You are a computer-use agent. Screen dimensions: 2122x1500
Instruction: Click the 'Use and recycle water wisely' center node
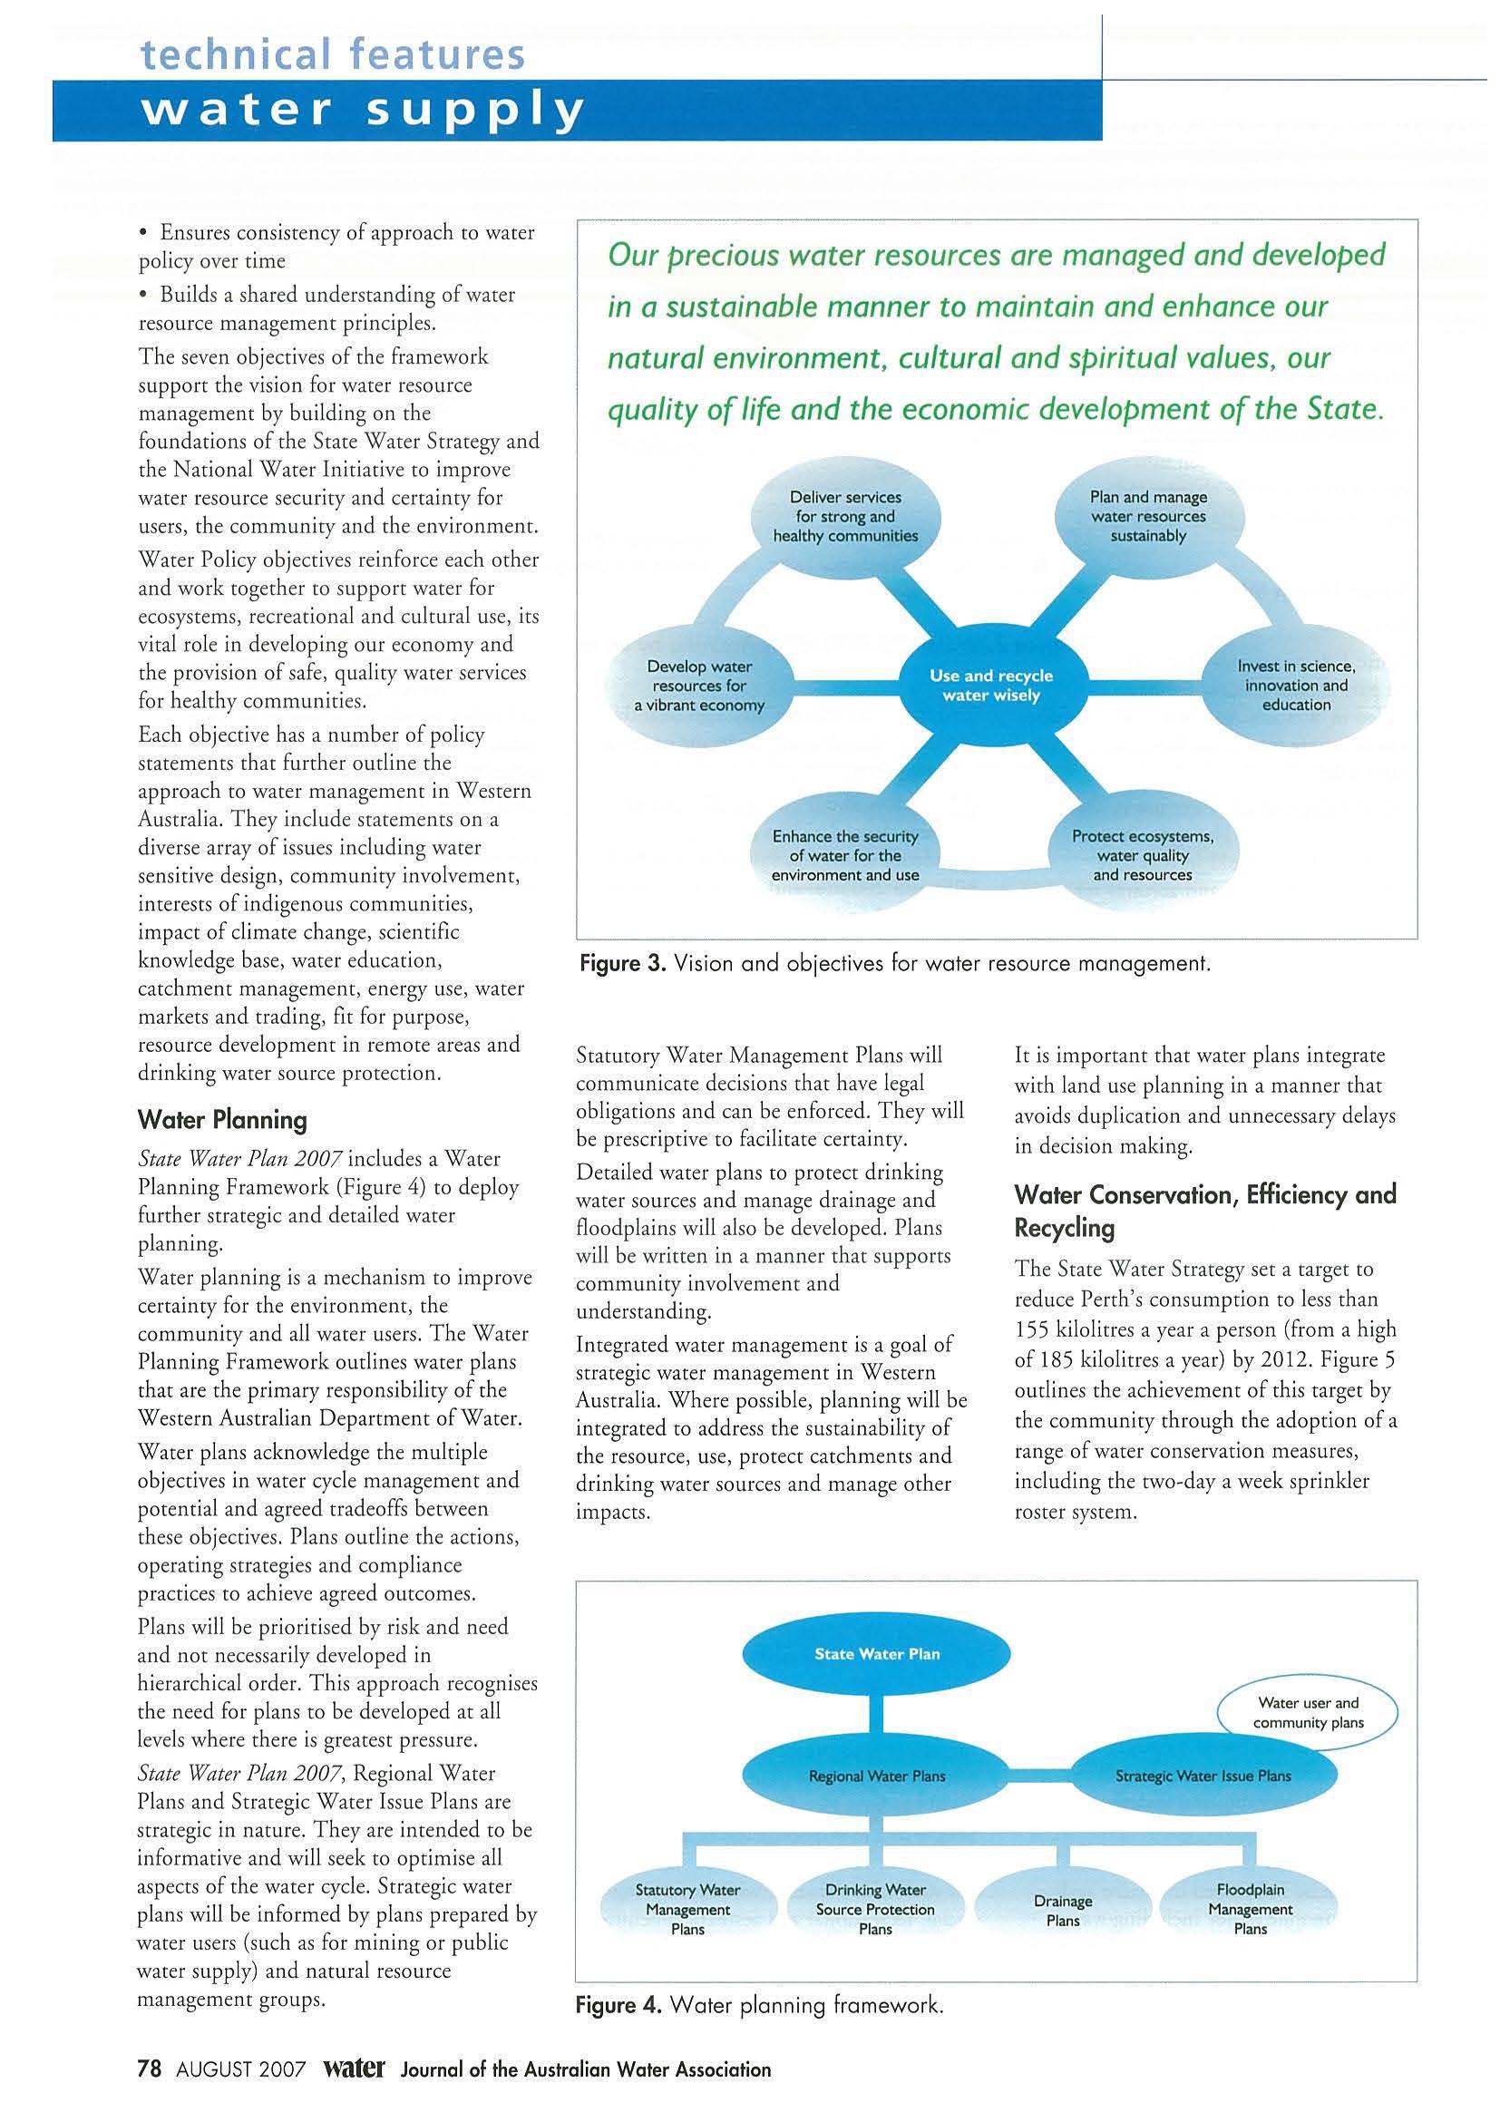click(x=990, y=685)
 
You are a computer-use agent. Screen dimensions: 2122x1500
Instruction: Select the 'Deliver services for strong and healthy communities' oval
click(x=844, y=517)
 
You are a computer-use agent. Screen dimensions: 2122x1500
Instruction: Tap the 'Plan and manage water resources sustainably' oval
click(x=1148, y=517)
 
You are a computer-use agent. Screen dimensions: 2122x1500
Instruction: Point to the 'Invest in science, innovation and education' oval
click(x=1296, y=685)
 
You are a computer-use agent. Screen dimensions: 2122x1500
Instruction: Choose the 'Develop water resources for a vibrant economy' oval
click(x=698, y=686)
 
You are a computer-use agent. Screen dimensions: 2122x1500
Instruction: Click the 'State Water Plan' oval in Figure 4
click(x=876, y=1653)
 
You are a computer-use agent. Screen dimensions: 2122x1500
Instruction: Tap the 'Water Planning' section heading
click(x=222, y=1120)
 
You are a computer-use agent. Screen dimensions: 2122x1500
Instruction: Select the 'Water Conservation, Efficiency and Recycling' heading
click(x=1204, y=1211)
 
